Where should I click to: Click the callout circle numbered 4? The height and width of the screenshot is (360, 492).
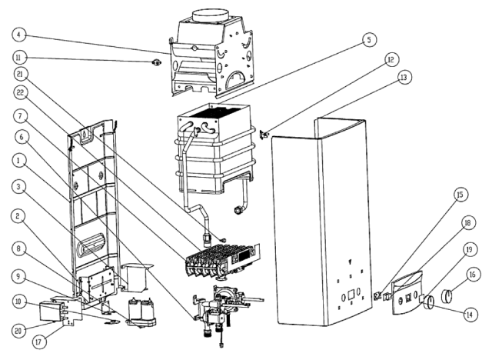click(18, 35)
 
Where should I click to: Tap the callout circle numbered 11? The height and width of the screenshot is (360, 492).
click(18, 58)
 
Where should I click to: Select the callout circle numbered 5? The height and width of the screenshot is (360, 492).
click(369, 40)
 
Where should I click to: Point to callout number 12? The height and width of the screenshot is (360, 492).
click(391, 60)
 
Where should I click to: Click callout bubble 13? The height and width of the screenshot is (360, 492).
click(404, 77)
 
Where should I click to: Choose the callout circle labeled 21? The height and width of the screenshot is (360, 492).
click(21, 74)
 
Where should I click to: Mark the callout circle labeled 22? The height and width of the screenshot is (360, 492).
click(21, 93)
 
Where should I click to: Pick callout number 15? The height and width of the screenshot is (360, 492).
click(460, 195)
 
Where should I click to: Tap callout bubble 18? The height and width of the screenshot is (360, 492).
click(468, 223)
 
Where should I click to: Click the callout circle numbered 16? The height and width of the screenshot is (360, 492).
click(473, 275)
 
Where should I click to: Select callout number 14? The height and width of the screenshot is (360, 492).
click(470, 315)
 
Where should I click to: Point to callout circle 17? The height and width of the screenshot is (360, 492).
click(39, 342)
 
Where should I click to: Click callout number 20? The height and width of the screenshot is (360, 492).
click(18, 331)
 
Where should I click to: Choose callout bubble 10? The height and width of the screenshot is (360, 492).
click(18, 302)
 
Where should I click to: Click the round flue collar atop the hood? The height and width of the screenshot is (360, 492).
click(210, 15)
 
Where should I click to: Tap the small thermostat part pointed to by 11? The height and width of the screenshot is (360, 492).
click(156, 62)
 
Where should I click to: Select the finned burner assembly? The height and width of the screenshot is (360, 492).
click(222, 260)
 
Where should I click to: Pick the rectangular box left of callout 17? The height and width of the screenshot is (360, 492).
click(48, 312)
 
